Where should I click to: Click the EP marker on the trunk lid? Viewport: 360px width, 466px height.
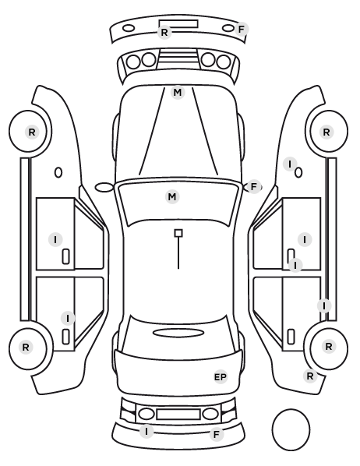[x=221, y=377]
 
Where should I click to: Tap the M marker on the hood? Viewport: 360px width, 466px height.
[x=178, y=93]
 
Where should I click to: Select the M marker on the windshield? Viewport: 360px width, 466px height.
[x=172, y=196]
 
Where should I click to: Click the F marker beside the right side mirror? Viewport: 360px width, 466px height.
[x=253, y=187]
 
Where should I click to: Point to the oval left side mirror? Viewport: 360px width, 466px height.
[x=104, y=187]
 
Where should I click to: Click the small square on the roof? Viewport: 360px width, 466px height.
[x=178, y=233]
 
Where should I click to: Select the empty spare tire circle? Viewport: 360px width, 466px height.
[x=291, y=429]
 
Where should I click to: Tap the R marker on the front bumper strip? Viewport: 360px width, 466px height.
[x=164, y=33]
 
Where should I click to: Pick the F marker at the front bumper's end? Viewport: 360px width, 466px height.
[x=242, y=29]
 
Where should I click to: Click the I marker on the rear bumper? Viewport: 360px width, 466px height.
[x=146, y=431]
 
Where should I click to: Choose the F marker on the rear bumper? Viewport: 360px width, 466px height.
[x=217, y=434]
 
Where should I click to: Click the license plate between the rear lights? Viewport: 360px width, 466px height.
[x=178, y=415]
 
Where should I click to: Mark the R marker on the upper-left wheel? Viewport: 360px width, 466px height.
[x=32, y=132]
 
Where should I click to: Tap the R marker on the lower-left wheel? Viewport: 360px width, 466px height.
[x=26, y=347]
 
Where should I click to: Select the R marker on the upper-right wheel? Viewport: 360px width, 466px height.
[x=326, y=132]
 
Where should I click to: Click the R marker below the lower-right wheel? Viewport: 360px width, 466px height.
[x=310, y=376]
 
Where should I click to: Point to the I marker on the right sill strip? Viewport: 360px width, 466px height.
[x=324, y=305]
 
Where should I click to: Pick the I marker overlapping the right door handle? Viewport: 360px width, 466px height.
[x=295, y=265]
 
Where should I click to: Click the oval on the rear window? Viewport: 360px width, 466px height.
[x=178, y=333]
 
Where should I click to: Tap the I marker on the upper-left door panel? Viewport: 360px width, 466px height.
[x=55, y=239]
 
